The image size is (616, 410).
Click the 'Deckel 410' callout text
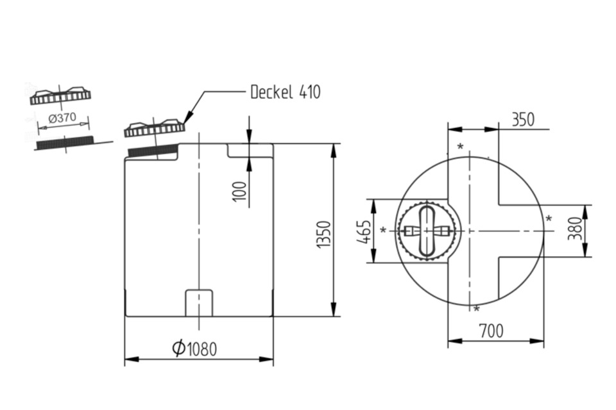pos(285,92)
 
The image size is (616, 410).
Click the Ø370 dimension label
pos(62,119)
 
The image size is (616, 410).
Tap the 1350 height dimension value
pos(325,236)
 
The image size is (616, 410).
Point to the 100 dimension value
pos(240,191)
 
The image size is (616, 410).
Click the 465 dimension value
pos(363,231)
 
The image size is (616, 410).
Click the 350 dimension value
pos(522,120)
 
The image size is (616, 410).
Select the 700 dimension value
pos(491,331)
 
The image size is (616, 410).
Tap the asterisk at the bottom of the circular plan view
pos(476,310)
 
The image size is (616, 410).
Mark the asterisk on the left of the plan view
pos(384,231)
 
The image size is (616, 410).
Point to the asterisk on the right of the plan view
pos(549,218)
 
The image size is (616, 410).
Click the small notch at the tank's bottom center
pos(199,302)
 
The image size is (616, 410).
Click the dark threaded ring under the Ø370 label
pos(64,142)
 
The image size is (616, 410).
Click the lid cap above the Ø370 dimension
pos(60,96)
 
